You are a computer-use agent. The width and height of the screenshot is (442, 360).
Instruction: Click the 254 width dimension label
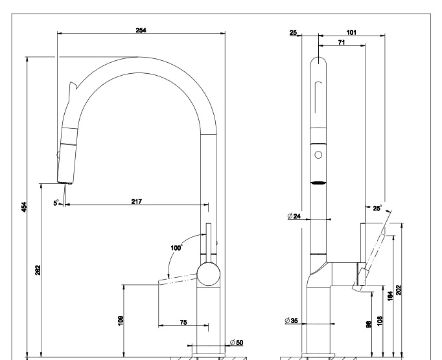click(x=141, y=30)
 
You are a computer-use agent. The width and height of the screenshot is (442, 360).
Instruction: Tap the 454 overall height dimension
click(x=24, y=207)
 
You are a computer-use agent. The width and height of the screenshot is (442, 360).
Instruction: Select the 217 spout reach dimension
click(x=137, y=201)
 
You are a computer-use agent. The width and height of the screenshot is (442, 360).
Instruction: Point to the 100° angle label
click(x=176, y=247)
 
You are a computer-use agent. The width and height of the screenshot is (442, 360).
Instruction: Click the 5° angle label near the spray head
click(x=56, y=203)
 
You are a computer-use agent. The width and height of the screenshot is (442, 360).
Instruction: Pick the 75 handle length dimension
click(x=183, y=322)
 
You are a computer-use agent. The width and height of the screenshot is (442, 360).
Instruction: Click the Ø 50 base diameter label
click(x=236, y=343)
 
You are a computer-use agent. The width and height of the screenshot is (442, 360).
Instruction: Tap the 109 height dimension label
click(x=121, y=321)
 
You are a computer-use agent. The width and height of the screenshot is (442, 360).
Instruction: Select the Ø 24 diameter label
click(x=294, y=216)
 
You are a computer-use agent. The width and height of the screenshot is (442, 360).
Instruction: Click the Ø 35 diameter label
click(x=291, y=321)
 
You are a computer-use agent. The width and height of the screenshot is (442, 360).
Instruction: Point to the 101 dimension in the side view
click(x=351, y=32)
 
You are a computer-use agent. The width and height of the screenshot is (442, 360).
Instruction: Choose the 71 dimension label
click(x=342, y=42)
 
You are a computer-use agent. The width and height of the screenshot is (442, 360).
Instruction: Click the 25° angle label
click(x=377, y=208)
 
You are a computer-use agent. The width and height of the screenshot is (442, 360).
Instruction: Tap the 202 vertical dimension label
click(x=399, y=290)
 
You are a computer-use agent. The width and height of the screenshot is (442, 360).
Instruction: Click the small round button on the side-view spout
click(x=318, y=155)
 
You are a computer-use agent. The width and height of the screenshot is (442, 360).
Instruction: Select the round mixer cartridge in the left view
click(x=208, y=274)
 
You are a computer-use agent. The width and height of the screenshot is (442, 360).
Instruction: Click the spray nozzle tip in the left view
click(x=65, y=183)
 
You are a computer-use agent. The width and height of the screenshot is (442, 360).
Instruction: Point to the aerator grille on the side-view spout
click(x=318, y=183)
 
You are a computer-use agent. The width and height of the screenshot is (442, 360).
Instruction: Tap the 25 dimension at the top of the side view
click(x=293, y=32)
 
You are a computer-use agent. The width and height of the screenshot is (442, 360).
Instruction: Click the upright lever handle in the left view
click(x=209, y=243)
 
